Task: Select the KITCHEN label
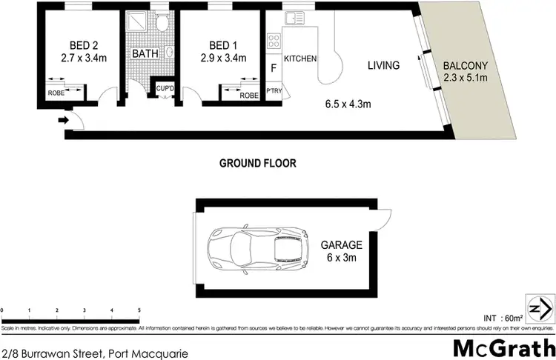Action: click(300, 59)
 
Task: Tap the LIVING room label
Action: click(383, 66)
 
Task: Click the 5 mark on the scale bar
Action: click(139, 310)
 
